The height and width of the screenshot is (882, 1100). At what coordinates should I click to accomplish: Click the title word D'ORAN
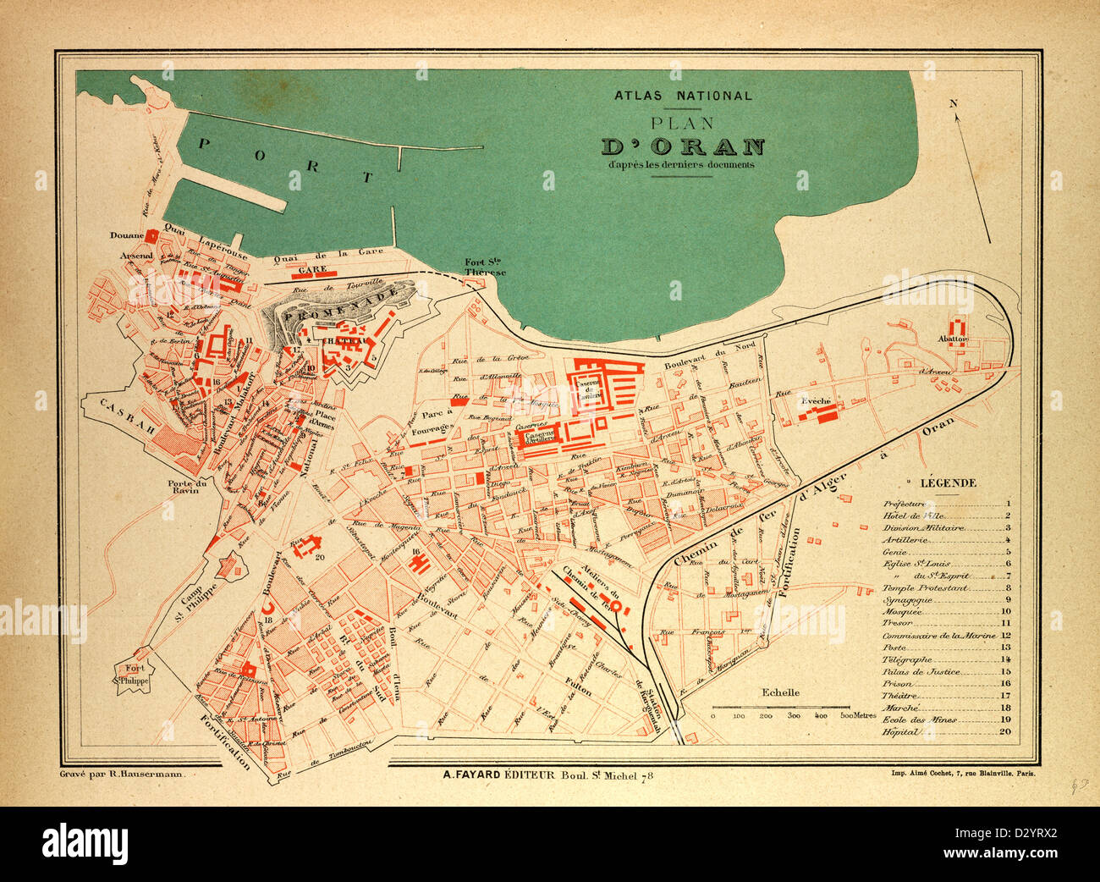click(683, 146)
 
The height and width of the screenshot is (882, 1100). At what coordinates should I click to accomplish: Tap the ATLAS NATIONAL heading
click(683, 96)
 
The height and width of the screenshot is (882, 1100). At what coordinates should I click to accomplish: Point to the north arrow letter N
click(953, 103)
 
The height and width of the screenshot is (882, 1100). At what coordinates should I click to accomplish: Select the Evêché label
click(817, 401)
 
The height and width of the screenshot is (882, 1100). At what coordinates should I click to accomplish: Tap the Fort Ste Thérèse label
click(485, 267)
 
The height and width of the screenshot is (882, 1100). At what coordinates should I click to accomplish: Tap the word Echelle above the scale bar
click(780, 692)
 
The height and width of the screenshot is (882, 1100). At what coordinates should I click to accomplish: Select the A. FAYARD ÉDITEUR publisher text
click(498, 774)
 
